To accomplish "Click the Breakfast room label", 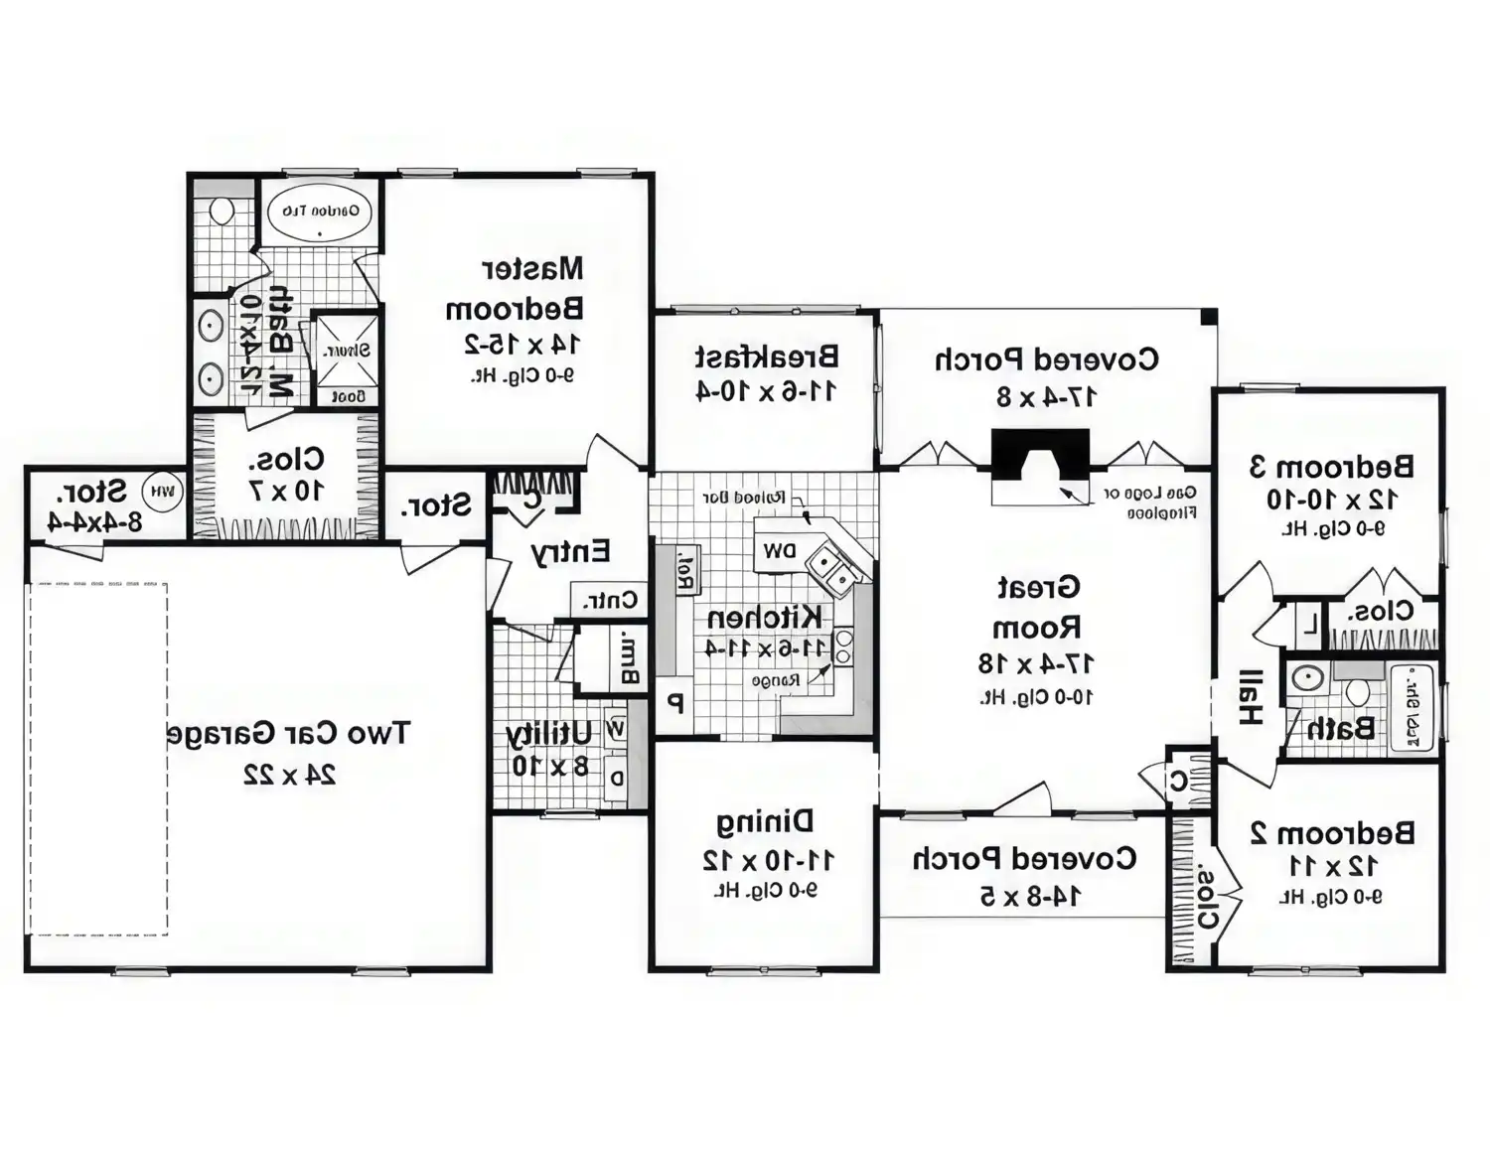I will (766, 356).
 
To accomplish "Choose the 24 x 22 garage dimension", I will (290, 775).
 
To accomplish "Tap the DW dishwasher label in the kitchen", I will (780, 550).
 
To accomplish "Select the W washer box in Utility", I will (616, 730).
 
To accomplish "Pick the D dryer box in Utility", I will (617, 779).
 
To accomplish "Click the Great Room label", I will (1037, 607).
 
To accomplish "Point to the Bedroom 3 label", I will (1331, 466).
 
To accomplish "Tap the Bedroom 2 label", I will (1331, 832).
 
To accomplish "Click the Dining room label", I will (765, 821).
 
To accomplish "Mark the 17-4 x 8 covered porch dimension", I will (1046, 396).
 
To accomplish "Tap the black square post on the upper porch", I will (1208, 317).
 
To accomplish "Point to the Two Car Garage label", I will (287, 734).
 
